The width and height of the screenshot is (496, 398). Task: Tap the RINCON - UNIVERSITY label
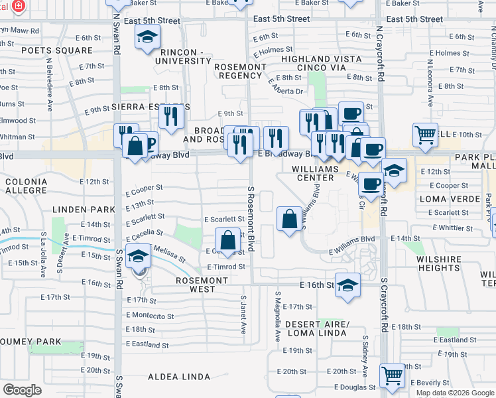pyautogui.click(x=182, y=56)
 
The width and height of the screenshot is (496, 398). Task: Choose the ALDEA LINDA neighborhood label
pyautogui.click(x=178, y=377)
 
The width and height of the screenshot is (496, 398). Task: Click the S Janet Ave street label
pyautogui.click(x=244, y=318)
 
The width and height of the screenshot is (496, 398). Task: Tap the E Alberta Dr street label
pyautogui.click(x=286, y=86)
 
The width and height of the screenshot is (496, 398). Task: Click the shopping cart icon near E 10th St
pyautogui.click(x=426, y=135)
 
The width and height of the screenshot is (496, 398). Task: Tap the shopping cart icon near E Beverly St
pyautogui.click(x=393, y=375)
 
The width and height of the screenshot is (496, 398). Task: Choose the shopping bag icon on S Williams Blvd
pyautogui.click(x=290, y=219)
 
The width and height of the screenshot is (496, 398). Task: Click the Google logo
pyautogui.click(x=23, y=389)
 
